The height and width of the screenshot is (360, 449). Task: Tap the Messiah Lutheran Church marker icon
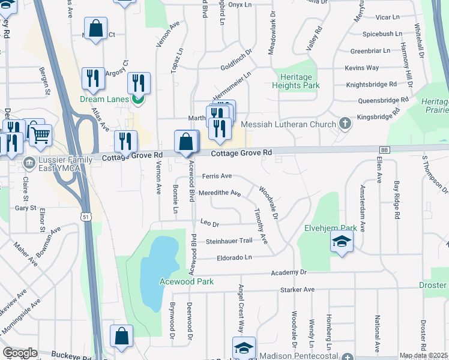tap(345, 124)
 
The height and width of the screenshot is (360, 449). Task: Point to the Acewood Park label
tap(186, 281)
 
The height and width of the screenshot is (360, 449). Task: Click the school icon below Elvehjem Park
tap(341, 242)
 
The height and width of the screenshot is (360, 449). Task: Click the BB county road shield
tap(385, 149)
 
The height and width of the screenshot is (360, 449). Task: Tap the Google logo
tap(20, 353)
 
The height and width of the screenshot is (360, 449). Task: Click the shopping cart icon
tap(40, 135)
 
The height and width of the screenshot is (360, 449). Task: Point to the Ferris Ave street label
tap(217, 176)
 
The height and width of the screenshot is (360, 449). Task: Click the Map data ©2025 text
tap(424, 356)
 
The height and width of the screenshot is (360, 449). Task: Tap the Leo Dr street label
tap(209, 224)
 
